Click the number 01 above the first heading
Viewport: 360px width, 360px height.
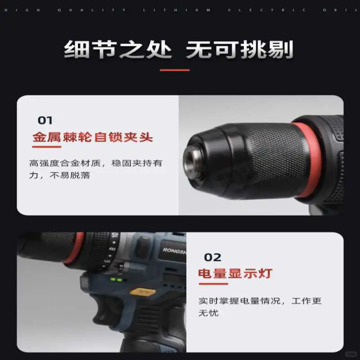tap(45, 120)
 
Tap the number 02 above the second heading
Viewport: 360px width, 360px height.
tap(213, 257)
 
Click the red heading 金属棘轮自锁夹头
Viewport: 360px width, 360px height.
tap(93, 137)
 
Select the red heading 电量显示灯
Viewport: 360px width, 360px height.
tap(235, 273)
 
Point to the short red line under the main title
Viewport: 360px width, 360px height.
tap(175, 70)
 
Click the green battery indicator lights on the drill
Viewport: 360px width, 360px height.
tap(116, 279)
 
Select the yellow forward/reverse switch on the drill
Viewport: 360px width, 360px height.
tap(142, 292)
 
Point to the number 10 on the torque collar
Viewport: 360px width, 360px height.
tap(115, 238)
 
